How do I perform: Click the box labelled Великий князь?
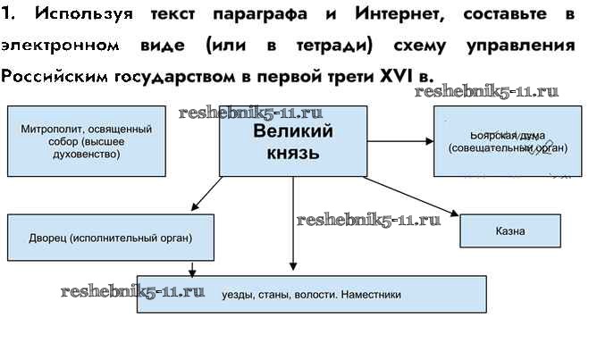292,141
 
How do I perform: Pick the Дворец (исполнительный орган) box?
112,239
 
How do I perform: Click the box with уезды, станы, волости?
311,294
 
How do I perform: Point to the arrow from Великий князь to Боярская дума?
399,141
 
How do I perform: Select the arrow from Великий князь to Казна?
411,197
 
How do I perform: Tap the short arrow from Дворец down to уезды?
192,266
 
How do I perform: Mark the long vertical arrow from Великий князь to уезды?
293,223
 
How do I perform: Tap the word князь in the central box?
292,153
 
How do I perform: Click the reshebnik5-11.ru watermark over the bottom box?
132,291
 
